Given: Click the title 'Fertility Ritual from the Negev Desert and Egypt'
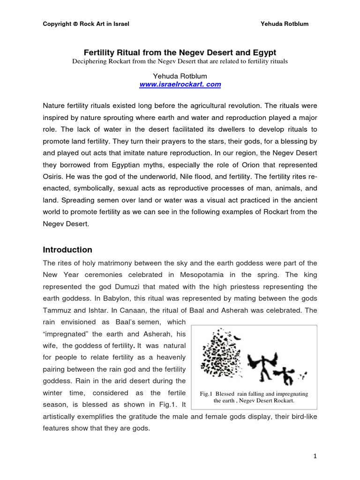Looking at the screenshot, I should point(180,52).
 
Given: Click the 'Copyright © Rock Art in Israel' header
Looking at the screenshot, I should point(86,24).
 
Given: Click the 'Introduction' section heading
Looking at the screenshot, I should point(67,249).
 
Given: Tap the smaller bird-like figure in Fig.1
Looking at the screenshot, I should point(285,375).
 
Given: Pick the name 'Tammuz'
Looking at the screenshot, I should point(59,310).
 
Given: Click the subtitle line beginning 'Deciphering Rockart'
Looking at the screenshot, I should point(180,61).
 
